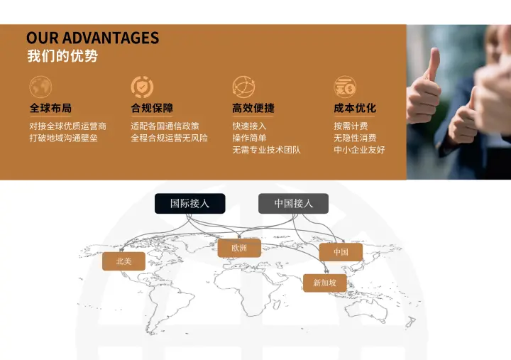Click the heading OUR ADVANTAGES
(92, 38)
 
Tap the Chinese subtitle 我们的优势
(62, 56)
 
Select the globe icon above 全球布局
(40, 87)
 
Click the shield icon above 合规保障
(142, 87)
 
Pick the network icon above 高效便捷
(243, 87)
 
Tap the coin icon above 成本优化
(345, 87)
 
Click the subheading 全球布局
(50, 109)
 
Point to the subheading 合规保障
(152, 109)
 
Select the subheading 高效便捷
(253, 109)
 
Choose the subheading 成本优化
(355, 109)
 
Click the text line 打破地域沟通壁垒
(63, 138)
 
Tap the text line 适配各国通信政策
(165, 126)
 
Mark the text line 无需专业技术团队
(266, 150)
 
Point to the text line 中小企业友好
(359, 150)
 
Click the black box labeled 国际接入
(190, 204)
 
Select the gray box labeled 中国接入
(293, 204)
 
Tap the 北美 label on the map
(124, 261)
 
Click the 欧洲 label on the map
(239, 248)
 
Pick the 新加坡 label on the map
(325, 283)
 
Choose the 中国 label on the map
(341, 252)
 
